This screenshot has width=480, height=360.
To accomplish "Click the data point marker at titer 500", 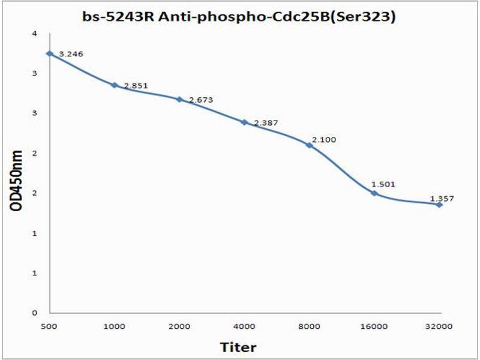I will coord(50,54).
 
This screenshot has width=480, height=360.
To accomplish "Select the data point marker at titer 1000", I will coord(114,85).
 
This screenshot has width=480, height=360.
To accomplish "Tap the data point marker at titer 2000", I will coord(179,99).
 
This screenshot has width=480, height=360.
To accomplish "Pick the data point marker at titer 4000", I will coord(244,122).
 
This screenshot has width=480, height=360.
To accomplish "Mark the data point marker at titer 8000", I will coord(309,145).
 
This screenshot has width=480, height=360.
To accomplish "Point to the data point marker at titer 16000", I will coord(374,193).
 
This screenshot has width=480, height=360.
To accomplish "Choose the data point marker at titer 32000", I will coord(439,205).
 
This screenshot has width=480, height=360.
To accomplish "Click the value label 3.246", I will coord(71,54).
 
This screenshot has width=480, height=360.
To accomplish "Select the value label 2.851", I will coord(136,86).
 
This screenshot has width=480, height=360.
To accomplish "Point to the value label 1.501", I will coord(382,184).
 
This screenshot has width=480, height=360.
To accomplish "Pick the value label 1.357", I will coord(442,197).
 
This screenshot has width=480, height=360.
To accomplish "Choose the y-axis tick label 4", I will coord(35,34).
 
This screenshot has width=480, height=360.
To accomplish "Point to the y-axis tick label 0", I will coord(35,313).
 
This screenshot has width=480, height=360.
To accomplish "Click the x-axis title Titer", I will coord(238,347).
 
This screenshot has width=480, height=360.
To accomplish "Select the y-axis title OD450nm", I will coord(17,181).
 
